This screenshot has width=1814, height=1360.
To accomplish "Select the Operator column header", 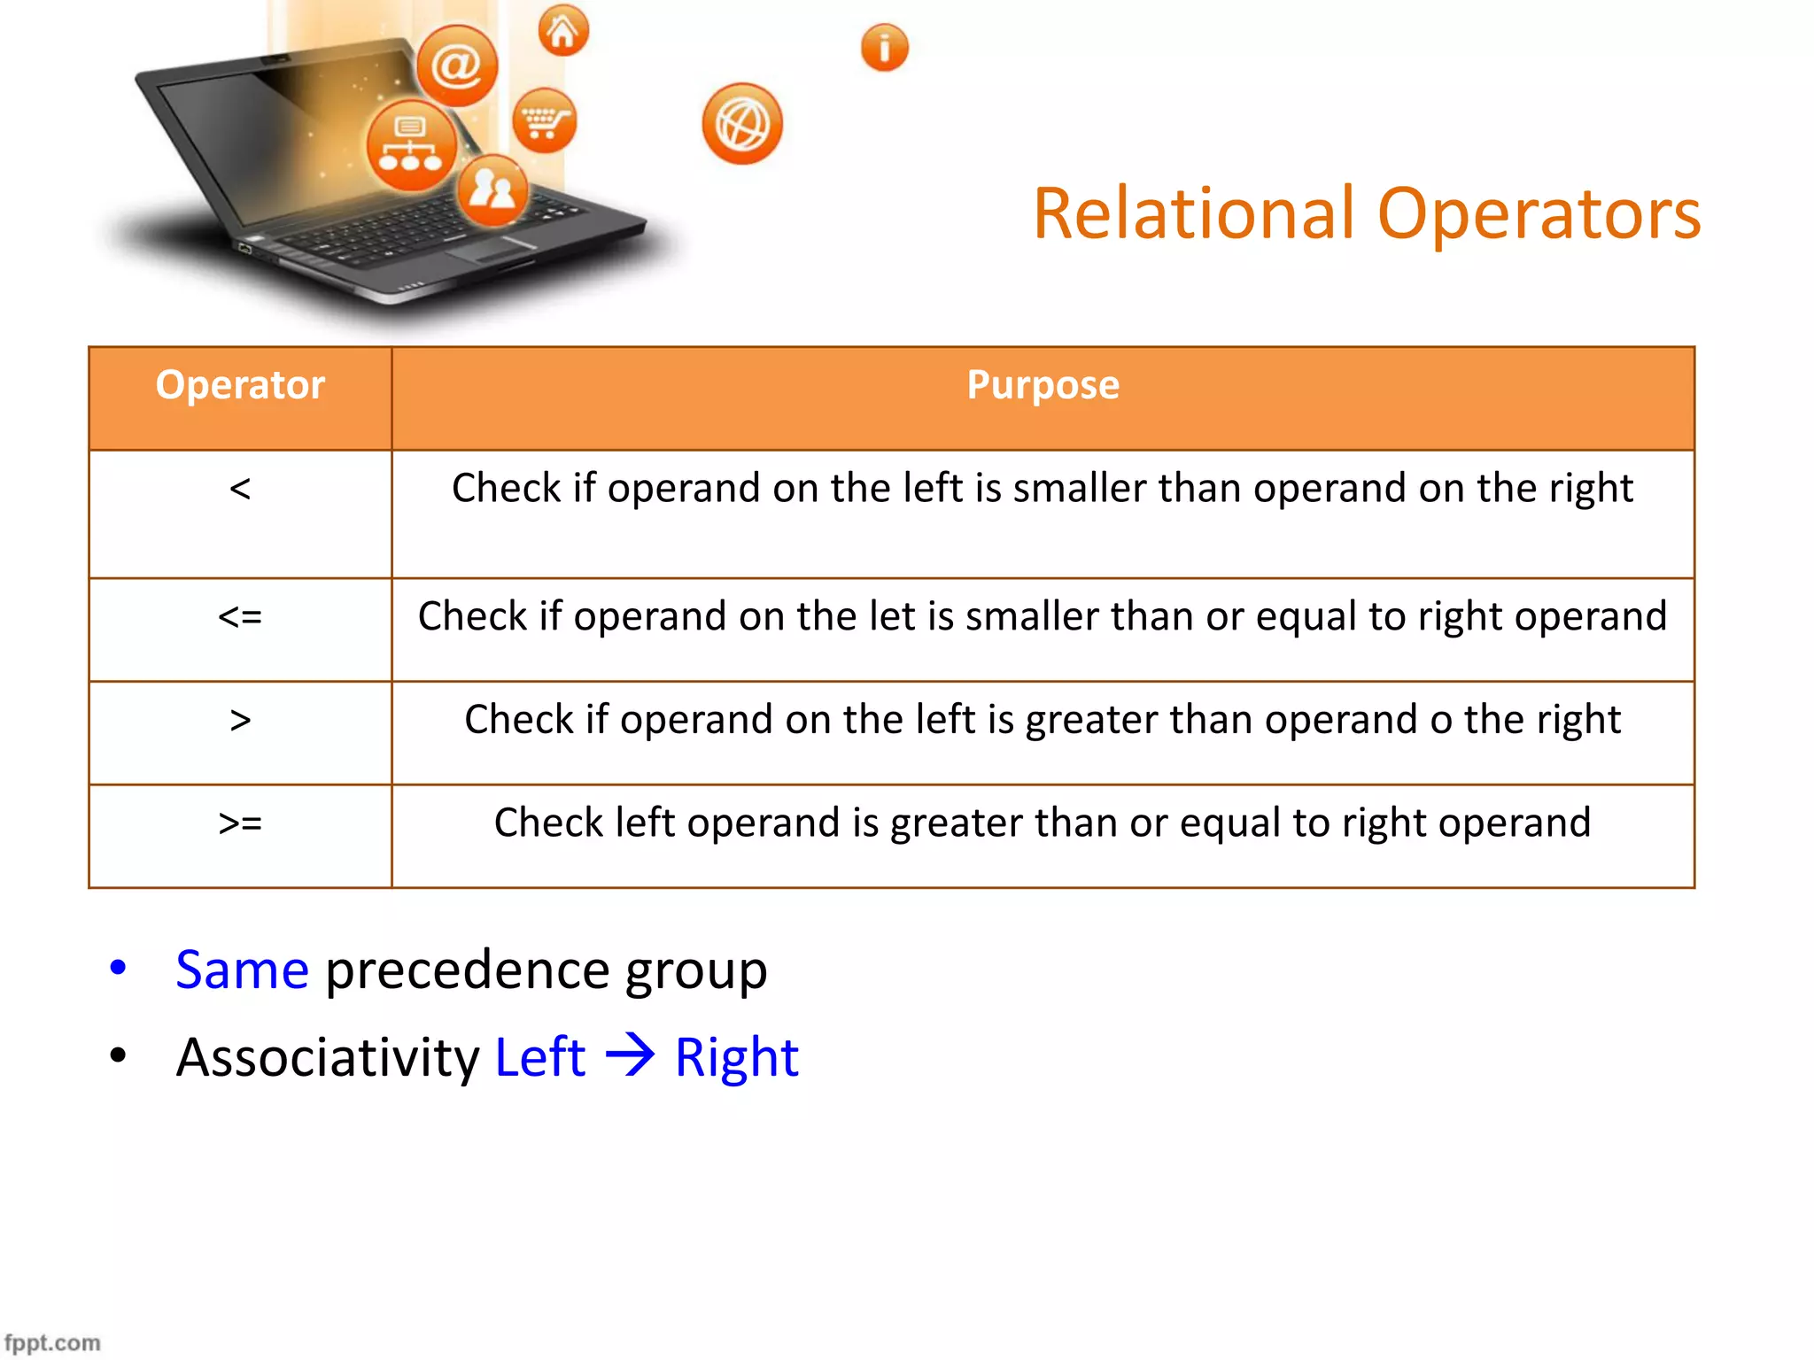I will [240, 386].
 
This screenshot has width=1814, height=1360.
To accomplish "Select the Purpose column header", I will [1043, 386].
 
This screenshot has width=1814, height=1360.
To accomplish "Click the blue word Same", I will [242, 970].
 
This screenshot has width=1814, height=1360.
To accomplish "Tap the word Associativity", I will [328, 1057].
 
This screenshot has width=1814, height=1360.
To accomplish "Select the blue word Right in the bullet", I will [736, 1057].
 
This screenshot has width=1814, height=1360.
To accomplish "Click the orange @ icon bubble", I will [457, 66].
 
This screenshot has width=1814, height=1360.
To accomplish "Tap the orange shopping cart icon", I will [544, 121].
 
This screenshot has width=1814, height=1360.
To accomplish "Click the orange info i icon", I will [884, 48].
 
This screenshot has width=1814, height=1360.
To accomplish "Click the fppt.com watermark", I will [52, 1342].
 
